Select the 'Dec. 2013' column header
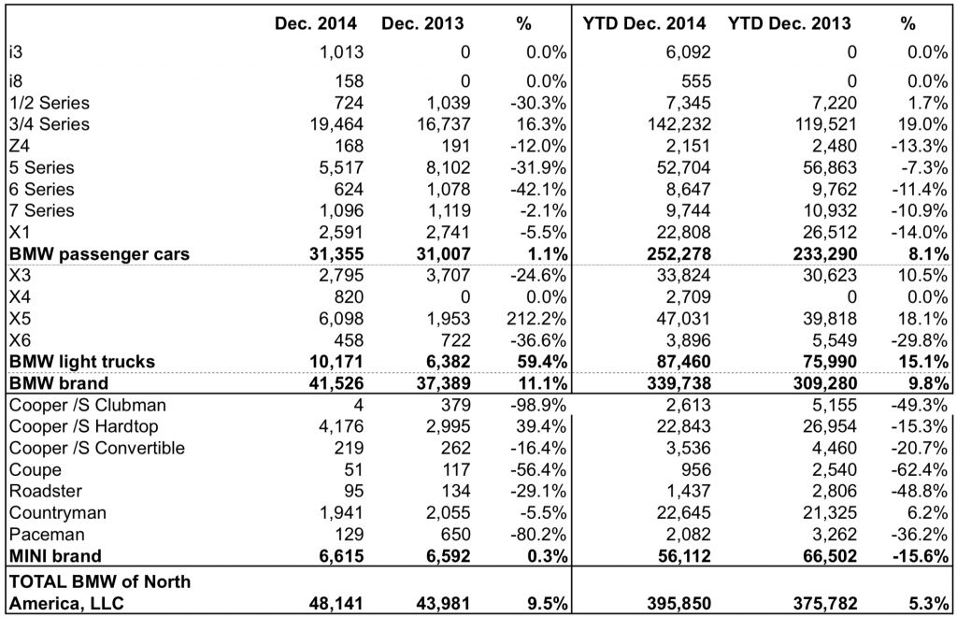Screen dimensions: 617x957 (x=423, y=22)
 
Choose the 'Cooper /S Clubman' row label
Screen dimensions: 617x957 (x=76, y=405)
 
